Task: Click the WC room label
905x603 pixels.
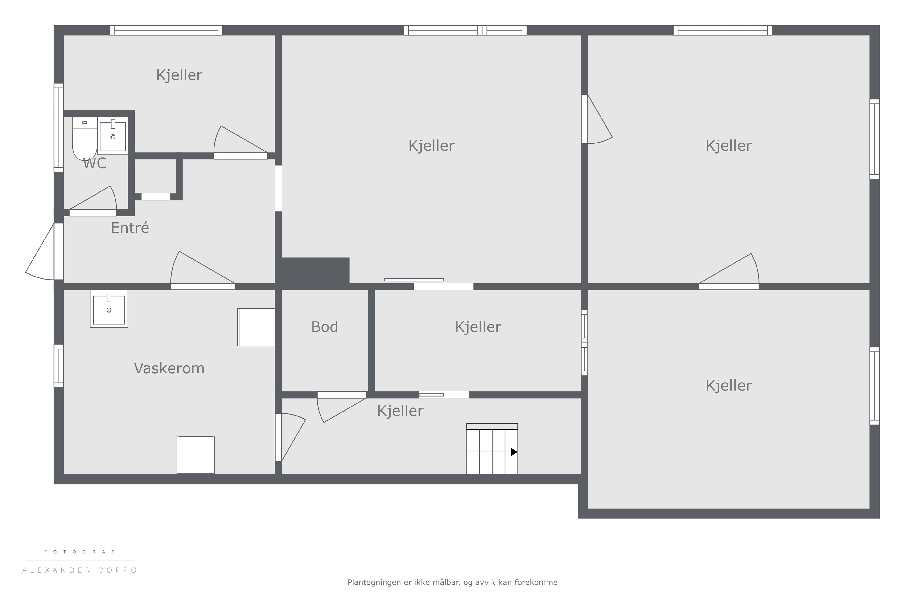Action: [x=95, y=163]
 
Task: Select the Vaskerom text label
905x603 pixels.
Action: [x=169, y=368]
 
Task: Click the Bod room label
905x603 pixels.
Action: [x=324, y=327]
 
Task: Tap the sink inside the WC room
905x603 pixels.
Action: [x=113, y=135]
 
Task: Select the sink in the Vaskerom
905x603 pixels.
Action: [x=109, y=309]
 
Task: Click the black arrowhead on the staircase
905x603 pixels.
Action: [x=514, y=452]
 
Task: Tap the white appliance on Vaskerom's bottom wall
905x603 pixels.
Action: [x=195, y=455]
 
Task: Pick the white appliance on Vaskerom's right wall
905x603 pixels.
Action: [x=256, y=327]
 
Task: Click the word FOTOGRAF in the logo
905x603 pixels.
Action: [x=80, y=552]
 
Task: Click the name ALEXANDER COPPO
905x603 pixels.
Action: [x=80, y=570]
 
